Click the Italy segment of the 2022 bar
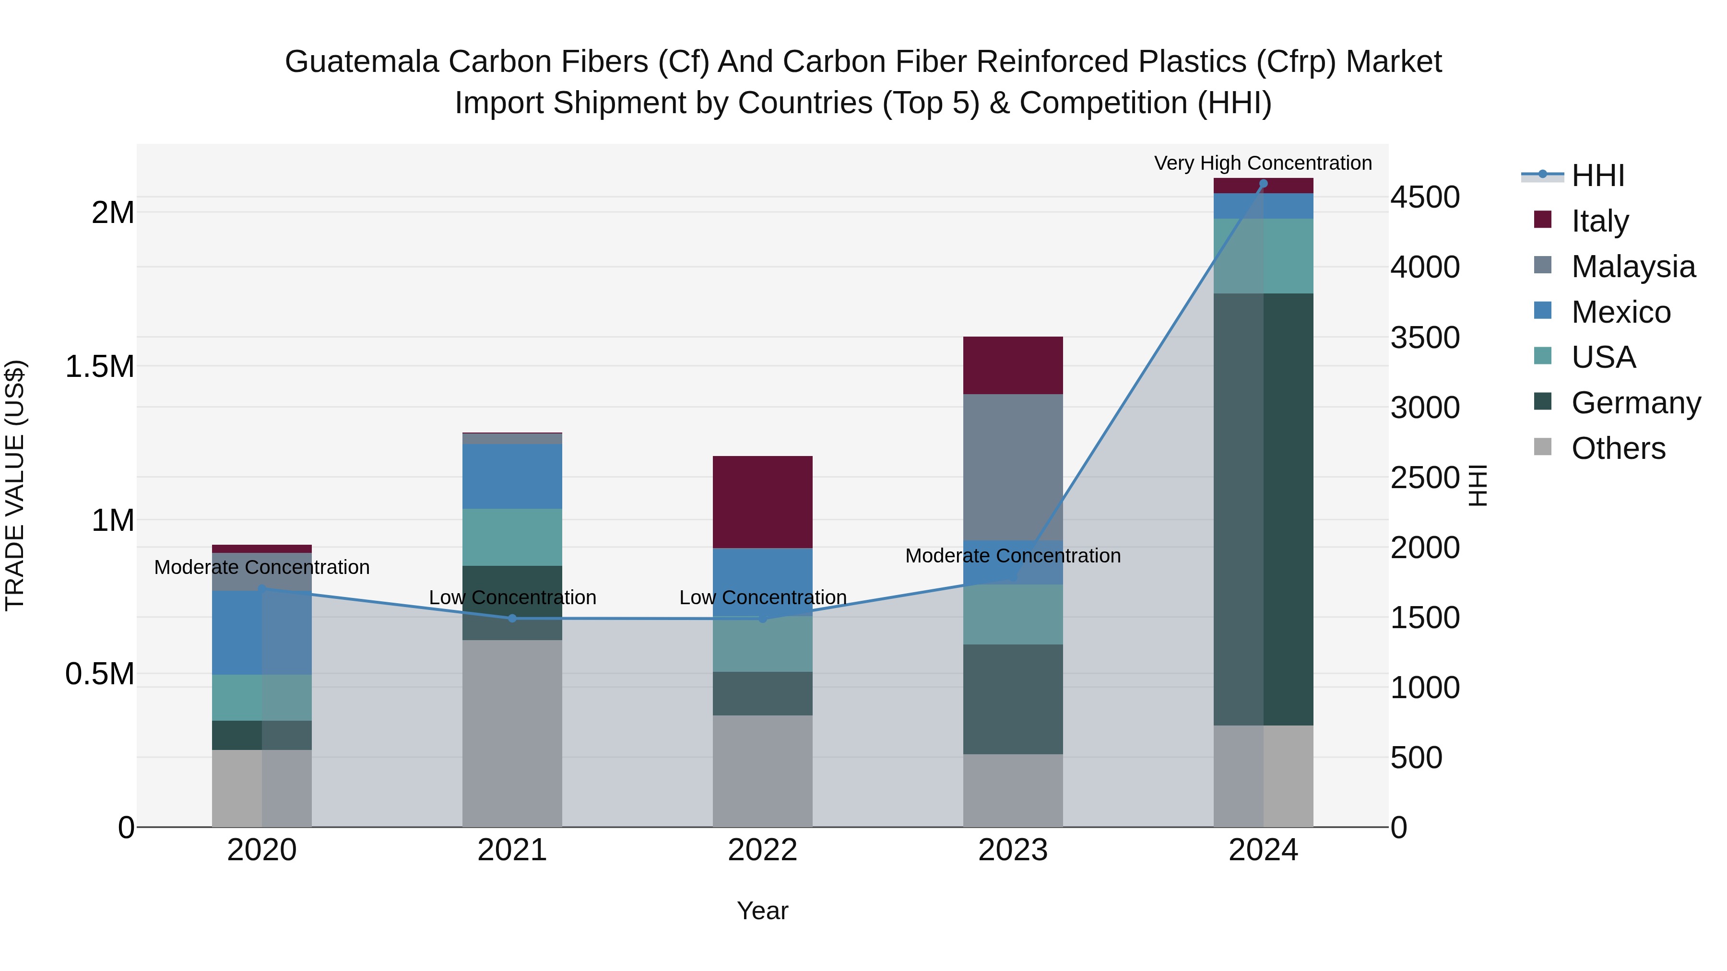point(762,502)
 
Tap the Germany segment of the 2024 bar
point(1263,509)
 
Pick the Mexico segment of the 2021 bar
point(512,476)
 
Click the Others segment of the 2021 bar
point(512,733)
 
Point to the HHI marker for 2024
point(1263,184)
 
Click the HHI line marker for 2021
point(512,619)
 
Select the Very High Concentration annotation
point(1263,163)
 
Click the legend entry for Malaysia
point(1633,267)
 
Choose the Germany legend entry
point(1635,403)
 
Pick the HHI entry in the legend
point(1597,175)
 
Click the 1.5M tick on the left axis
point(99,366)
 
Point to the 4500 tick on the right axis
point(1425,197)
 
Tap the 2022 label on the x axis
point(762,850)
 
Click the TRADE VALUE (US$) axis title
point(15,485)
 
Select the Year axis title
point(762,911)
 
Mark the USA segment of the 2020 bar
point(261,698)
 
